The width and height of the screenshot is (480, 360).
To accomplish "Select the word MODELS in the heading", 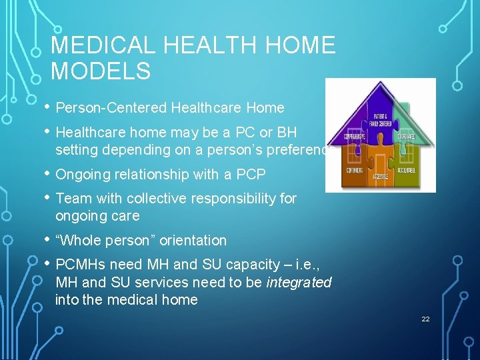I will click(101, 71).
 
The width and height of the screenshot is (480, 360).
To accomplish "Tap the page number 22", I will click(425, 319).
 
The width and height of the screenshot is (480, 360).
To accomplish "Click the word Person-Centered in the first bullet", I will click(111, 108).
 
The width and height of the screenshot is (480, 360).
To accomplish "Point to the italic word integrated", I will click(299, 282).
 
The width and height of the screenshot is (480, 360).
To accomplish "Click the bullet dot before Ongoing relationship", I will click(47, 173).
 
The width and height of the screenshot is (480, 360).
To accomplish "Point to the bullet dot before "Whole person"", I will click(47, 239).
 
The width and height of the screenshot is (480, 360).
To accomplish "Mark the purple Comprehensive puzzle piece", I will click(353, 139).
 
